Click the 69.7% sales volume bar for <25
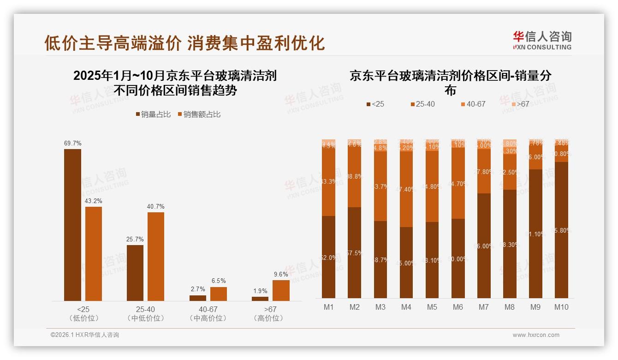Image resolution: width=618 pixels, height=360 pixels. [x=72, y=225]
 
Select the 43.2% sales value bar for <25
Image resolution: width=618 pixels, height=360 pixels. [x=94, y=253]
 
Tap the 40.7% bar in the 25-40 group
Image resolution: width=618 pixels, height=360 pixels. [x=156, y=256]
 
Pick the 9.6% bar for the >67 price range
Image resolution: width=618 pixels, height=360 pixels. [x=281, y=290]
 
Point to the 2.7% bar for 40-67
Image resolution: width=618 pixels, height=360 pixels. [x=198, y=298]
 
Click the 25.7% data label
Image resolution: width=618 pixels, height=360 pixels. [x=135, y=239]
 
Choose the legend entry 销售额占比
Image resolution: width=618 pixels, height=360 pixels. [x=199, y=114]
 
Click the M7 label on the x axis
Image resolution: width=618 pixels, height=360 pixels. [x=484, y=307]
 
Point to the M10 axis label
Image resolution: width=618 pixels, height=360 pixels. [x=561, y=307]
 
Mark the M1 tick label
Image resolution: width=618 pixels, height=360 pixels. [x=329, y=307]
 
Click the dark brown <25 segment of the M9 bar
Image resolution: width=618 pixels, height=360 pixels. [x=535, y=234]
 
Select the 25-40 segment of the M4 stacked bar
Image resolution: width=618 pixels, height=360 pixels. [x=406, y=189]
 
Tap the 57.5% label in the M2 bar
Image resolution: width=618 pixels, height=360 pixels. [x=355, y=253]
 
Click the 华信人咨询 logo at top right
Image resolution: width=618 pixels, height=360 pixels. [x=542, y=40]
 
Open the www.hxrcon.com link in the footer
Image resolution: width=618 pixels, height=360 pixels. [x=536, y=335]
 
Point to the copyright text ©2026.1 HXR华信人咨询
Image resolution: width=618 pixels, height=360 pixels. [x=85, y=335]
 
